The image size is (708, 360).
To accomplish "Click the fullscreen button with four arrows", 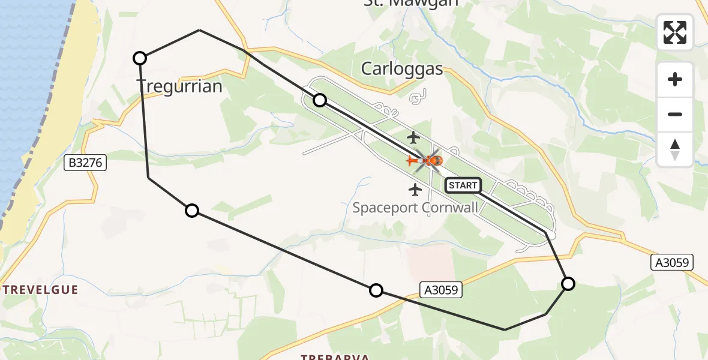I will pos(675,32).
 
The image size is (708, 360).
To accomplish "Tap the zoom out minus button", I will pos(675,114).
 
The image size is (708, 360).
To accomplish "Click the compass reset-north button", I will pos(675,149).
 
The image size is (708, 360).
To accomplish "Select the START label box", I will pos(463,185).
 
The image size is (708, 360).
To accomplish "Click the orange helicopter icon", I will pos(427,161).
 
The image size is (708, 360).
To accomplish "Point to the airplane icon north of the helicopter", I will pos(413,137).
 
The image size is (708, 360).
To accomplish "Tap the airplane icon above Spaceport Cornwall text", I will pos(415,190).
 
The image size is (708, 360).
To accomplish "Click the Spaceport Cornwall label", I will pos(415,208).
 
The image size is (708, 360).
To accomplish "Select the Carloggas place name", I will pos(401,69).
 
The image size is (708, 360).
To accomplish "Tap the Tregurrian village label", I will pos(180,86).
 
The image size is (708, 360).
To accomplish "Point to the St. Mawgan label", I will pos(411,3).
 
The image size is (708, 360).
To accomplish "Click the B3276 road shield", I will pos(86,162).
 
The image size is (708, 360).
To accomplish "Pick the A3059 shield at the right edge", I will pos(672,262).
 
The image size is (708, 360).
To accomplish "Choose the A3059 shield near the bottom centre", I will pos(440,290).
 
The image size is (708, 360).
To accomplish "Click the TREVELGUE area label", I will pos(40,290).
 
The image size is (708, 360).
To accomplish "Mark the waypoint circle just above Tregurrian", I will pos(139,58).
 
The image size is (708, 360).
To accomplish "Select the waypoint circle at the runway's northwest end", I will pos(320,100).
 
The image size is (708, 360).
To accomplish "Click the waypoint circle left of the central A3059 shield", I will pos(376,290).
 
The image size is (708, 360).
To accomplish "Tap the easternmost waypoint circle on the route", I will pos(568,283).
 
